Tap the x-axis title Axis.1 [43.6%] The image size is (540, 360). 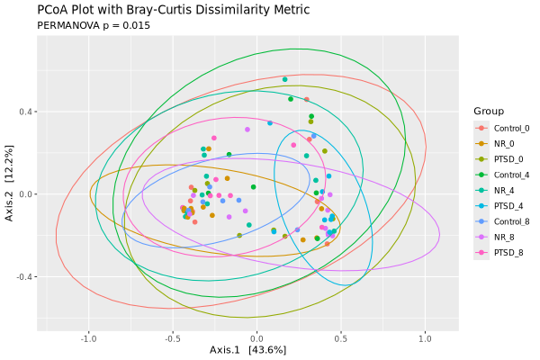pos(247,349)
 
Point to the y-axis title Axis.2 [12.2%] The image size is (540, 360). pos(10,194)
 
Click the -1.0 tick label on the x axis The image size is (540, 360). pos(88,338)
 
